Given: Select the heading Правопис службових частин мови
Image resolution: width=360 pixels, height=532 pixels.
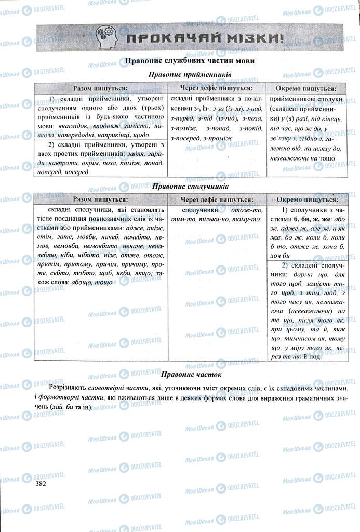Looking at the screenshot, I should pos(190,61).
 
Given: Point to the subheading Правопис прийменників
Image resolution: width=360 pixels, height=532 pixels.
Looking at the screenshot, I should pos(190,75).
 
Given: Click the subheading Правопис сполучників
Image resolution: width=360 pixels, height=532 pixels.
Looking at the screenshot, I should pos(189,186).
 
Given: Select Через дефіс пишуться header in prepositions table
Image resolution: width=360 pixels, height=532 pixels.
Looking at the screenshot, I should pos(216,88).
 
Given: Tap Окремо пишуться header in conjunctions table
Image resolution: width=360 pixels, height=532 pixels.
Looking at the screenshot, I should pos(306,199).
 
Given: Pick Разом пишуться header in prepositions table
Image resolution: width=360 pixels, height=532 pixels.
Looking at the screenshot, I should pos(100,88).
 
